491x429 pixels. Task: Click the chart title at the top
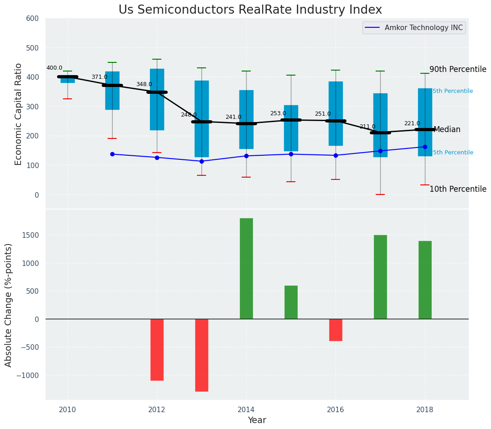pos(250,10)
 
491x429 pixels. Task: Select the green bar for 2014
pos(246,268)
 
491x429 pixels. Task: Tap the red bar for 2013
pos(202,355)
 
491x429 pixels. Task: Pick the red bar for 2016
pos(336,330)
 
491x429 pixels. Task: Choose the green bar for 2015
pos(291,302)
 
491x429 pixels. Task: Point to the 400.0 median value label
pos(54,68)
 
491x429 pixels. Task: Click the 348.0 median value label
pos(144,85)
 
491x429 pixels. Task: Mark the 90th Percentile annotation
pos(458,70)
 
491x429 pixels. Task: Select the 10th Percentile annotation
pos(458,189)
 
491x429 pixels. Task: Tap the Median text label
pos(447,130)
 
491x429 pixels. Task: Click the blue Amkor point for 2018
pos(425,147)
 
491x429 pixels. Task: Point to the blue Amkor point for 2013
pos(202,161)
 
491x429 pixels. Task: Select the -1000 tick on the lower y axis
pos(28,375)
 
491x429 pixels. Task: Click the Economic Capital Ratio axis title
pos(19,114)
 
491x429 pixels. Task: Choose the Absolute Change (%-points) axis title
pos(9,305)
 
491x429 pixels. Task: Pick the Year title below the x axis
pos(257,420)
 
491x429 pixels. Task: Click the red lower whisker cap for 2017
pos(380,194)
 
